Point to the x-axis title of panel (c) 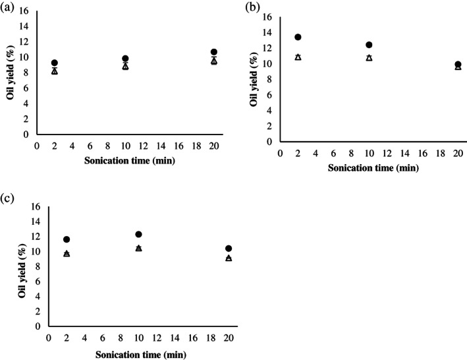click(137, 354)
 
